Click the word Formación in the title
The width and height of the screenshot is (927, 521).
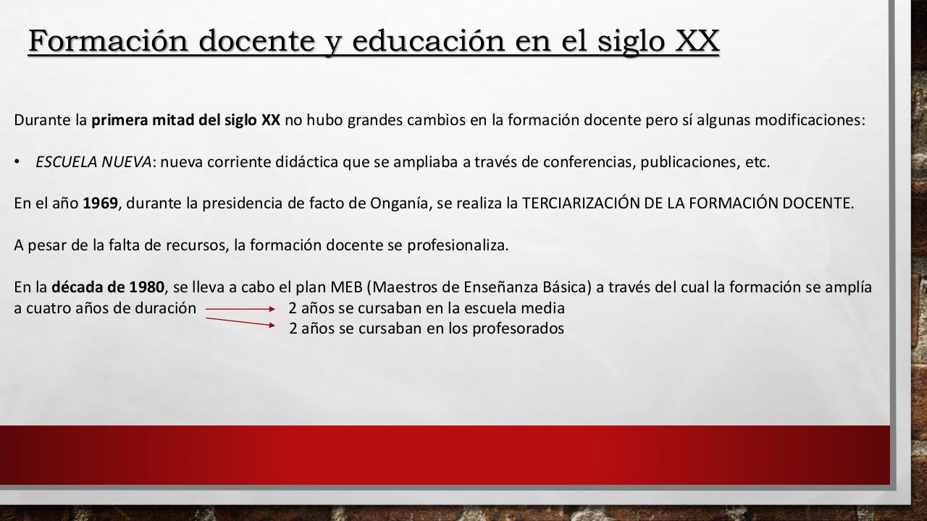click(x=109, y=41)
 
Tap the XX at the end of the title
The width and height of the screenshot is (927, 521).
click(x=697, y=41)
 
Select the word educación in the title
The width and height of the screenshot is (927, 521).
click(x=429, y=41)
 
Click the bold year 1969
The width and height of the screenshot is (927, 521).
click(x=101, y=203)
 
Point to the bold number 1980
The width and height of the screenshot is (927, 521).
click(x=147, y=287)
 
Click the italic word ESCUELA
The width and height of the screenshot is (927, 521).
click(x=67, y=162)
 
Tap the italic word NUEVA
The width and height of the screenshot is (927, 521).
click(x=126, y=162)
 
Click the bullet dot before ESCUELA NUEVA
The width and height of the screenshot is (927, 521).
click(x=17, y=162)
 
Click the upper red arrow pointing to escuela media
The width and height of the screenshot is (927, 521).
click(x=240, y=309)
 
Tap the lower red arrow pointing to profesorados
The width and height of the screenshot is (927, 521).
click(x=240, y=322)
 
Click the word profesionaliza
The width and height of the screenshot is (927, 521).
click(x=458, y=245)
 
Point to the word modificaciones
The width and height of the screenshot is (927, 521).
click(x=810, y=120)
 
